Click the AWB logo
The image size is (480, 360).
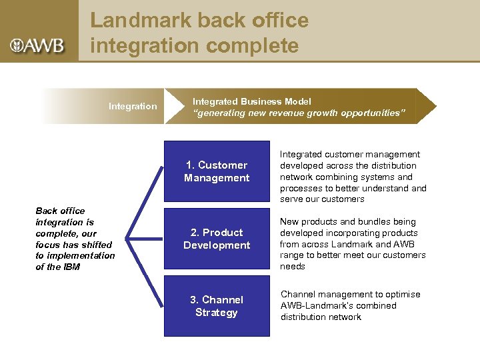point(37,45)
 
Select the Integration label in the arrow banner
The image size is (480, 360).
point(133,106)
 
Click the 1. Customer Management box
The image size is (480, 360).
point(217,171)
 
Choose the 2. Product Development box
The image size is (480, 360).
point(217,239)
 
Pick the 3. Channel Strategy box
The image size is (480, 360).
point(217,306)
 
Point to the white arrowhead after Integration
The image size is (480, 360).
point(175,106)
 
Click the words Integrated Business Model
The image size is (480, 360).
point(251,101)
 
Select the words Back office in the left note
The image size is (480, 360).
point(60,211)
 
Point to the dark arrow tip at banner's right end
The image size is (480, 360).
point(427,106)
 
